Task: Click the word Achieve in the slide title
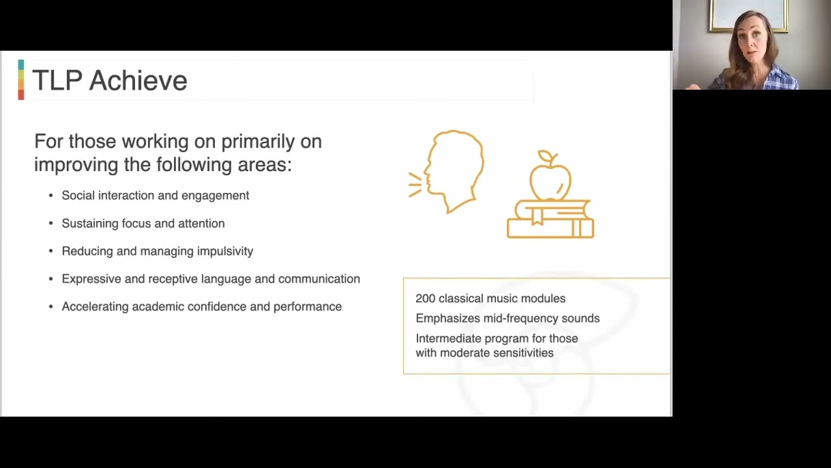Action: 138,81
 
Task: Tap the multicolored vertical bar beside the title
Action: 21,80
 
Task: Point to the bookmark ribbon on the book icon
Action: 537,215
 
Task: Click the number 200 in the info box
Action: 425,298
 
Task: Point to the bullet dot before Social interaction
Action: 51,196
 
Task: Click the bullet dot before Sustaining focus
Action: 51,224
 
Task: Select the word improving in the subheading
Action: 77,164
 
